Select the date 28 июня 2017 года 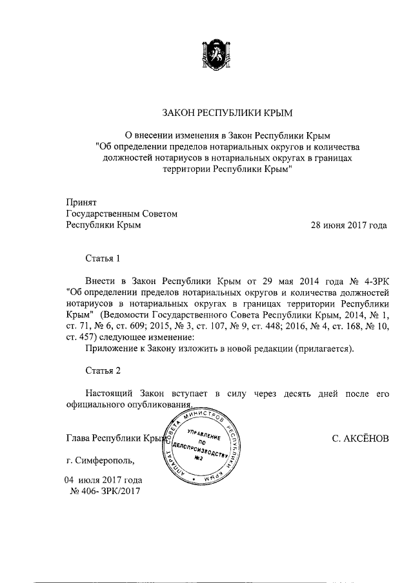click(x=349, y=225)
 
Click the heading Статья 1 click(x=104, y=258)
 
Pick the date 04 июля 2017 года click(x=103, y=480)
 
